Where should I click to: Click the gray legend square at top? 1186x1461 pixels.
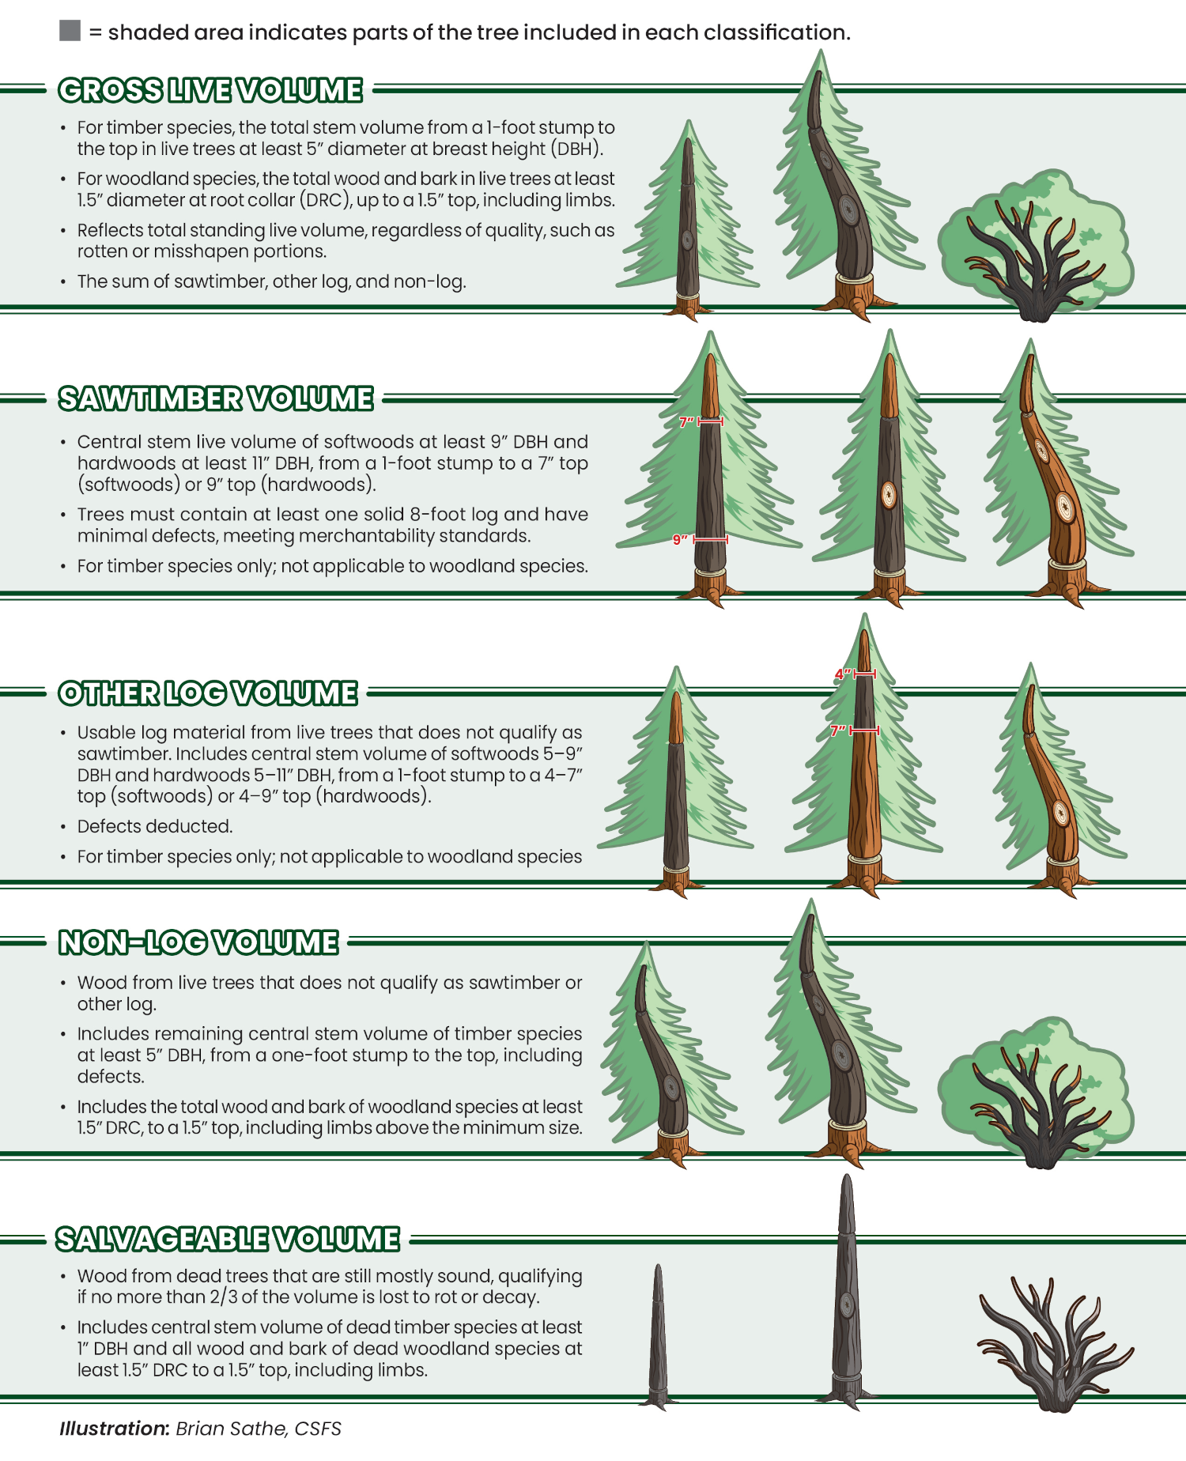[x=70, y=32]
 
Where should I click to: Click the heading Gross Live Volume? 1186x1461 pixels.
[x=210, y=90]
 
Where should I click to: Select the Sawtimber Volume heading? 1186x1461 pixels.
[x=215, y=398]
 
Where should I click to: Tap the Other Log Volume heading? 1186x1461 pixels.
[x=208, y=693]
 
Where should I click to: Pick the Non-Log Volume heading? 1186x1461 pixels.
[x=198, y=942]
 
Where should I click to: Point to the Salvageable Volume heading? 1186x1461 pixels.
[x=228, y=1239]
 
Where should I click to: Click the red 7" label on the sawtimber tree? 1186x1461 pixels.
[x=686, y=422]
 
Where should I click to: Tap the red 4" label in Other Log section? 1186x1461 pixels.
[x=842, y=674]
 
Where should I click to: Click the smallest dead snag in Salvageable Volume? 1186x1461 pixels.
[x=658, y=1336]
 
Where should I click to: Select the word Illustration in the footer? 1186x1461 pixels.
[x=113, y=1429]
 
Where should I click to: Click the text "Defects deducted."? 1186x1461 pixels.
[x=155, y=826]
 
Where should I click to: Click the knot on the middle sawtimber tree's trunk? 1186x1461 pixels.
[x=889, y=495]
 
